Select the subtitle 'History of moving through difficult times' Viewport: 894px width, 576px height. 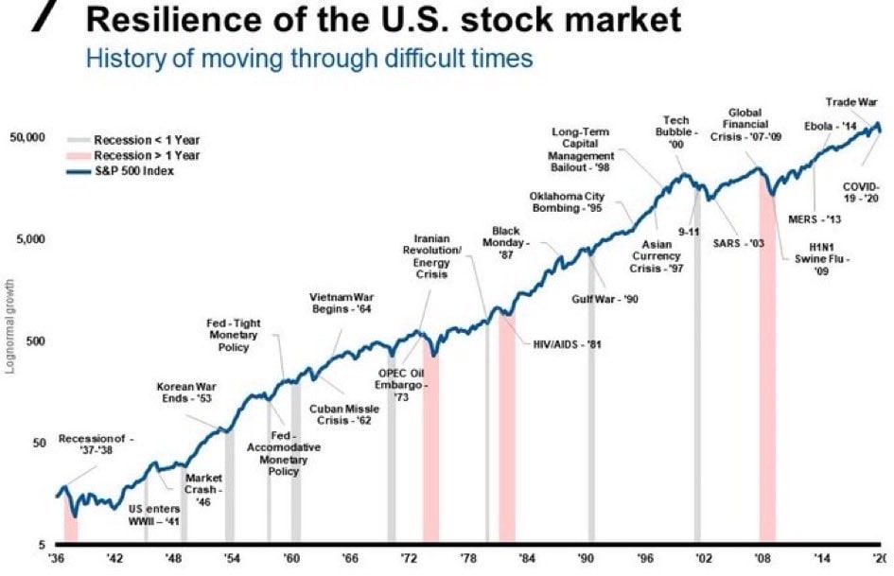coord(309,59)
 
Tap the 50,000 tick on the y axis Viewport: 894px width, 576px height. coord(27,138)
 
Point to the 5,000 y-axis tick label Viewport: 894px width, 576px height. coord(31,239)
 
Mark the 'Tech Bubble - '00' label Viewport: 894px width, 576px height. coord(675,132)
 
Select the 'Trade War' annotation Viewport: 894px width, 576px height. coord(850,102)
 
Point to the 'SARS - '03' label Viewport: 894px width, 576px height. coord(738,243)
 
